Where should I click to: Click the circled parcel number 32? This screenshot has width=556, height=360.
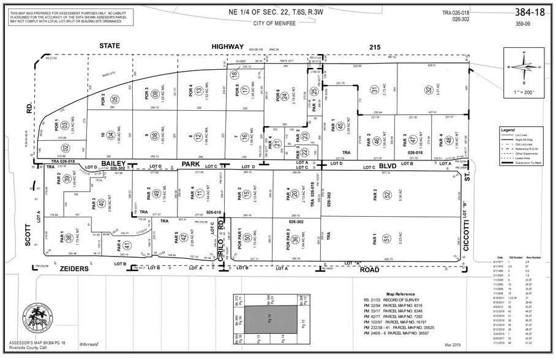click(429, 89)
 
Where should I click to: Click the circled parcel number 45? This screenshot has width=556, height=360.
click(339, 127)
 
